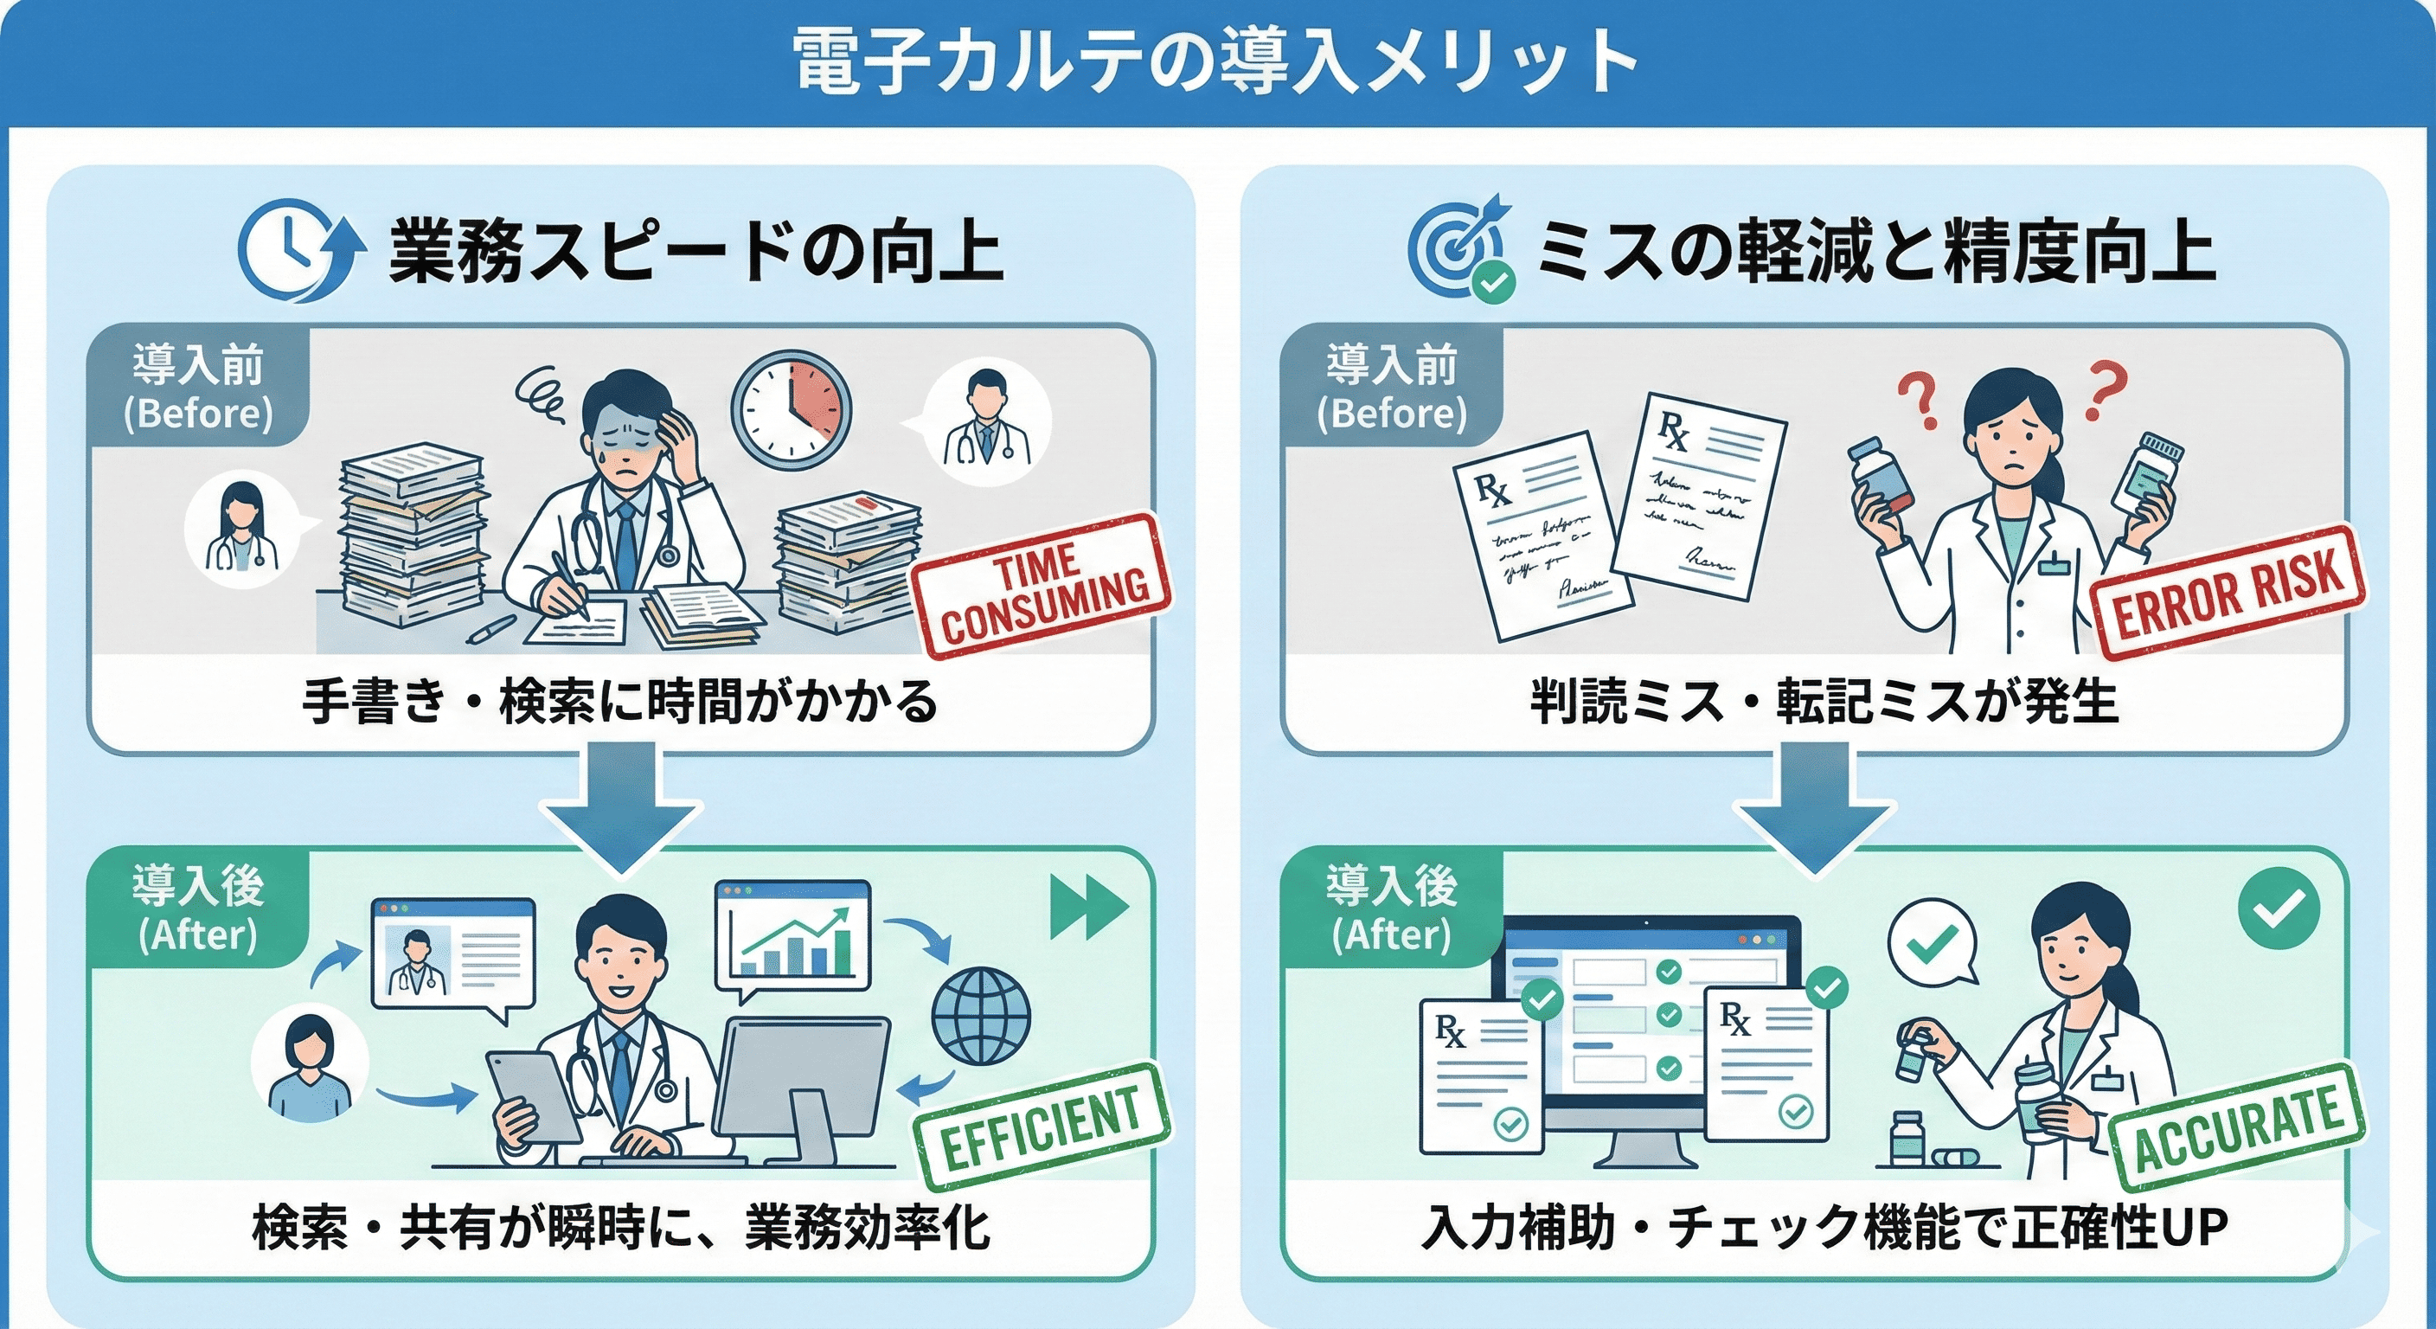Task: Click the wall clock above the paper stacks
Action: point(792,410)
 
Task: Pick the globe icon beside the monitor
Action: point(981,1016)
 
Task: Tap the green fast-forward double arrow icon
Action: point(1088,906)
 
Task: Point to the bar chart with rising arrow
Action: point(794,936)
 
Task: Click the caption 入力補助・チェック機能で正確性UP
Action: point(1824,1228)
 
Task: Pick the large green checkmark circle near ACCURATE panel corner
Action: point(2279,908)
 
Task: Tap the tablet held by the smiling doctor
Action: point(534,1097)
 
